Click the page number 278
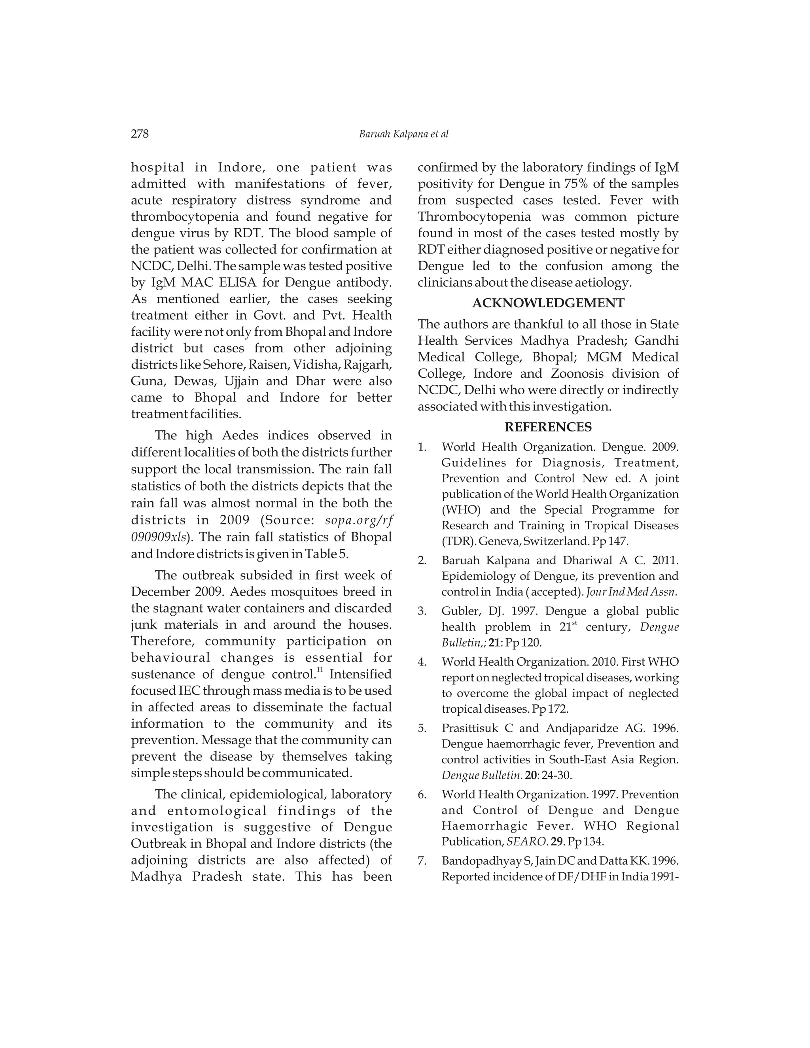[x=140, y=134]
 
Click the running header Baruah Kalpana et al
[x=403, y=134]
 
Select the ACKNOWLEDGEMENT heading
[x=548, y=303]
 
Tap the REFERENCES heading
[x=548, y=427]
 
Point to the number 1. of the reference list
[x=422, y=447]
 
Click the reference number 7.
[x=422, y=861]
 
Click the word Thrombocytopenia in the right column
[x=474, y=217]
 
